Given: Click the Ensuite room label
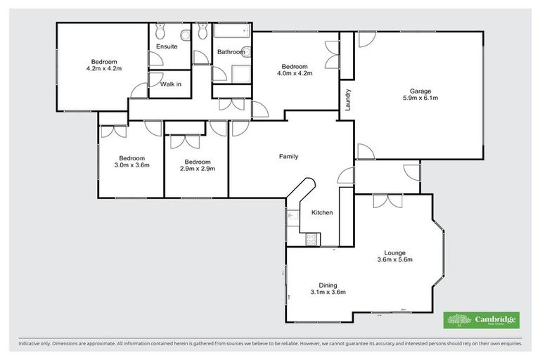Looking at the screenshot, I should (167, 48).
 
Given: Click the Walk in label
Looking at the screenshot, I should (170, 84).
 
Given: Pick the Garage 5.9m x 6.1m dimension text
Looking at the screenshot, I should (420, 98).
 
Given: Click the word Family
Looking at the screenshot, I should (288, 156).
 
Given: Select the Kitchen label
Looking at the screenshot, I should (321, 212).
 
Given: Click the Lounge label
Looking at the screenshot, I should (394, 252).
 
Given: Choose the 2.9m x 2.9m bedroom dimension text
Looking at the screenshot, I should (197, 168).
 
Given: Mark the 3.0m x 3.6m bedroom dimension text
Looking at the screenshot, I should (131, 165).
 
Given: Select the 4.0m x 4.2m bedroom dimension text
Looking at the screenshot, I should (294, 72).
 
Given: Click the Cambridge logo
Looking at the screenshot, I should (481, 320).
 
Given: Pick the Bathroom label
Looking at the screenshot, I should (231, 52).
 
